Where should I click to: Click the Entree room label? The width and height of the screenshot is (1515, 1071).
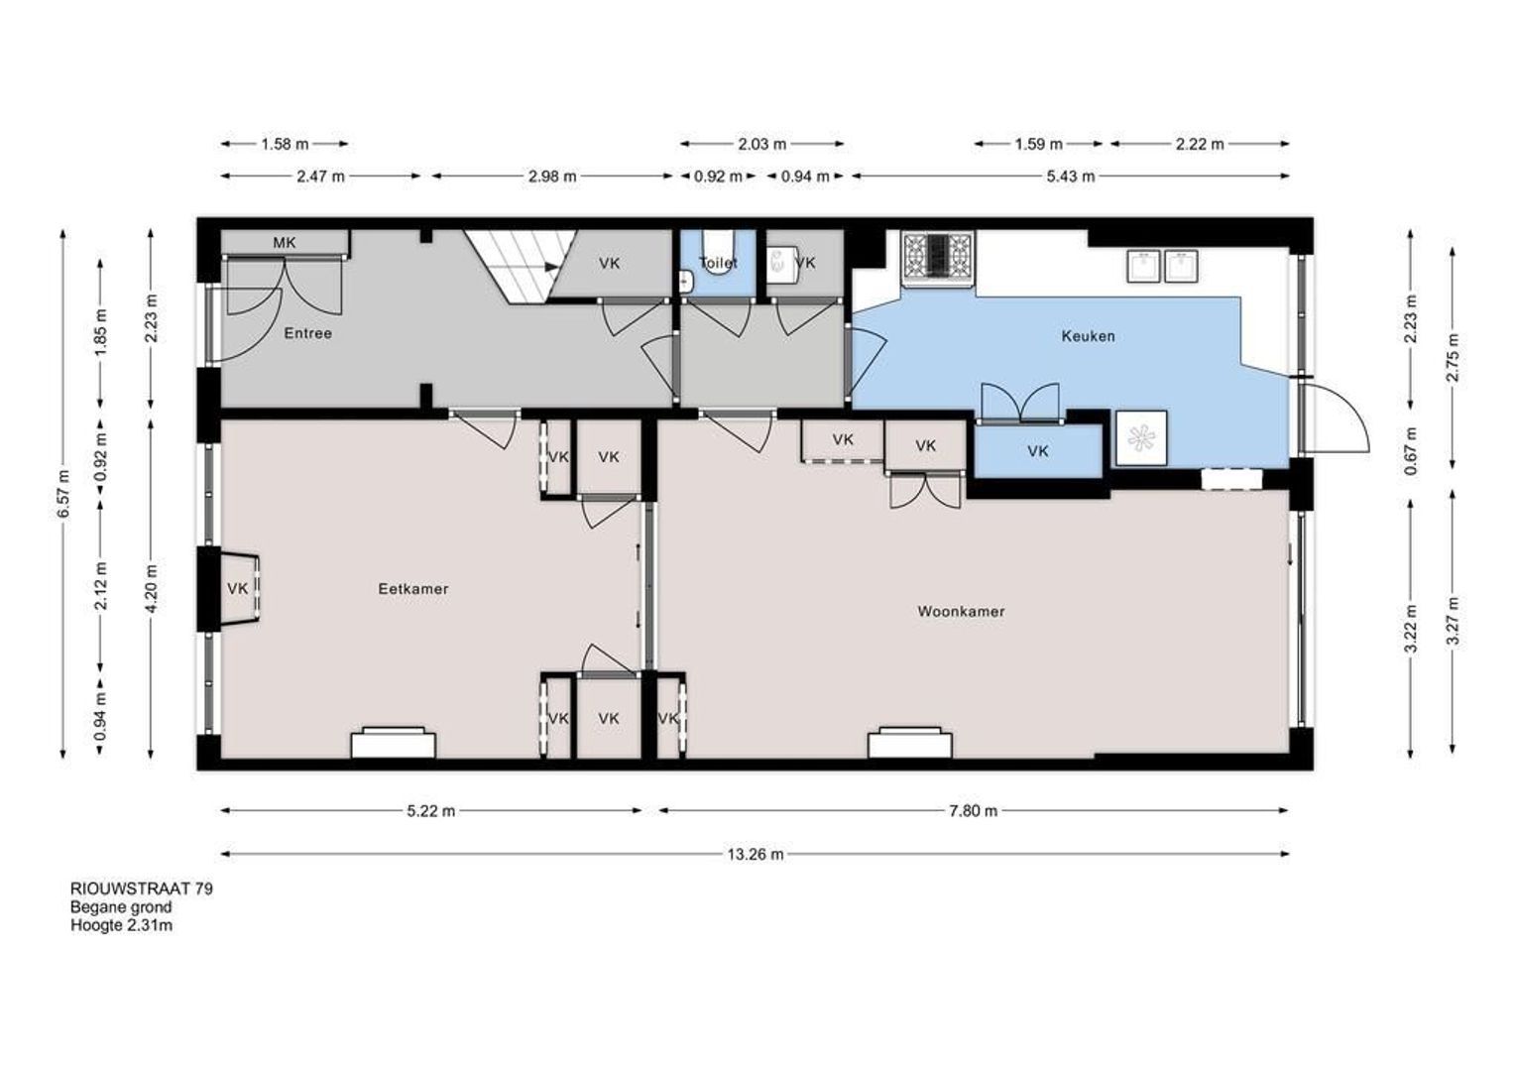pos(307,333)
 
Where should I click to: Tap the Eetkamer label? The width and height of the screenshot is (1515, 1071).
pos(413,589)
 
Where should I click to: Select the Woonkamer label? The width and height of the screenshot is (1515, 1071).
pos(961,612)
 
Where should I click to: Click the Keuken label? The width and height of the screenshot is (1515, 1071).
pos(1088,336)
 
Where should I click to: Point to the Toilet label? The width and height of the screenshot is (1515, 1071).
pos(718,263)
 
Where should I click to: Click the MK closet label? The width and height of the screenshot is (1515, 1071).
pos(284,242)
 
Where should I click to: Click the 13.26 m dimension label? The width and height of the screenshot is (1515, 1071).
pos(756,855)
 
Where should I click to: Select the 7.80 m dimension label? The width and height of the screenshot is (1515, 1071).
pos(974,811)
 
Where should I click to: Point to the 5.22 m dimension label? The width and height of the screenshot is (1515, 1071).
pos(431,811)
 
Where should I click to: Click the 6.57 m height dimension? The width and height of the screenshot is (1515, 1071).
pos(62,494)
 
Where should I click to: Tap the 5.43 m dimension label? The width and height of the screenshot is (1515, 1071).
pos(1071,177)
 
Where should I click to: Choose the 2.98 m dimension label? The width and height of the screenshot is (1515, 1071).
pos(552,177)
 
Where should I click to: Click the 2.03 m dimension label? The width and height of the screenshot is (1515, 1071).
pos(762,144)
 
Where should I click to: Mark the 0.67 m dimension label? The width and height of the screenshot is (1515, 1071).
pos(1410,451)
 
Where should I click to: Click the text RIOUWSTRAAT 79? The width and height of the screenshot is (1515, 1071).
pos(142,889)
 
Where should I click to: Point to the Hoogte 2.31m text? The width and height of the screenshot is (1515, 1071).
pos(121,925)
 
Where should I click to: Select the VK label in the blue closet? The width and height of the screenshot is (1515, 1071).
pos(1037,451)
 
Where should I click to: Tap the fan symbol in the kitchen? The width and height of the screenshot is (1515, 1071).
pos(1141,438)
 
